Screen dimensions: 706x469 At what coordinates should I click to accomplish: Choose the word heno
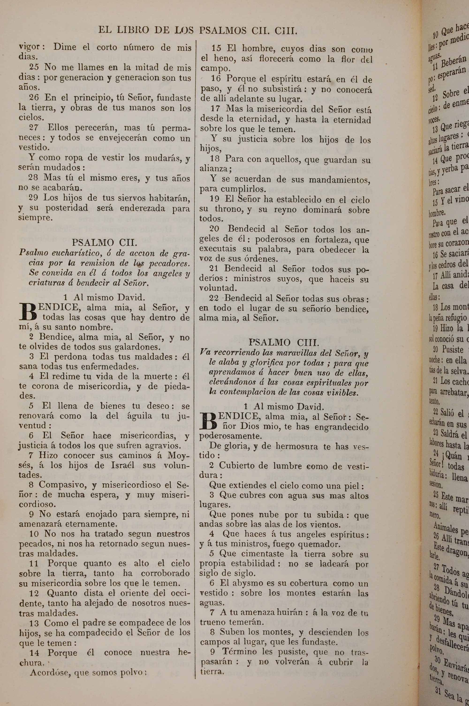tap(223, 59)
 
